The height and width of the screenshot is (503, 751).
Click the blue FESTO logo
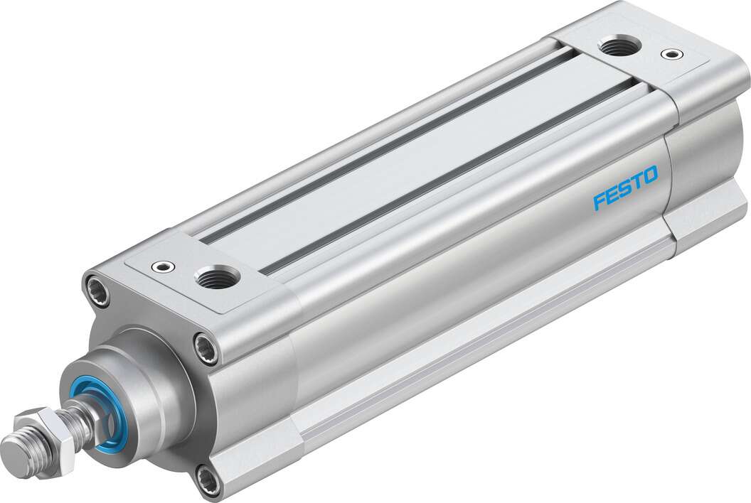(625, 189)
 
